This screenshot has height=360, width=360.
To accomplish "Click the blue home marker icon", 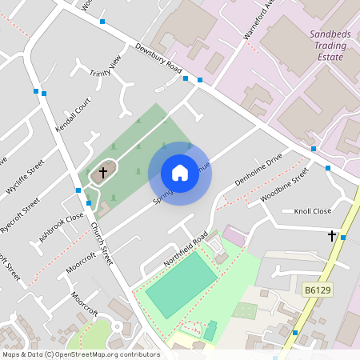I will click(x=180, y=173).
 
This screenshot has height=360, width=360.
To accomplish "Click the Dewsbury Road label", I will click(x=158, y=61).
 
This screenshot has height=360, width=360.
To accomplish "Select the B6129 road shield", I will click(x=317, y=288).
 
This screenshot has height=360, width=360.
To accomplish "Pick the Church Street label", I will click(x=102, y=245).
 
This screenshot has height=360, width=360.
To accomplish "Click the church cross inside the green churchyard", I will click(x=102, y=171).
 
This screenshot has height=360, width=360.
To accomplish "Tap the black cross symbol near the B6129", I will click(x=332, y=235).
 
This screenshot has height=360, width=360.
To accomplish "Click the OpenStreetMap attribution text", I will click(x=81, y=354).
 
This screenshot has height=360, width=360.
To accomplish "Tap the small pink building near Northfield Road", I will click(x=233, y=235).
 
